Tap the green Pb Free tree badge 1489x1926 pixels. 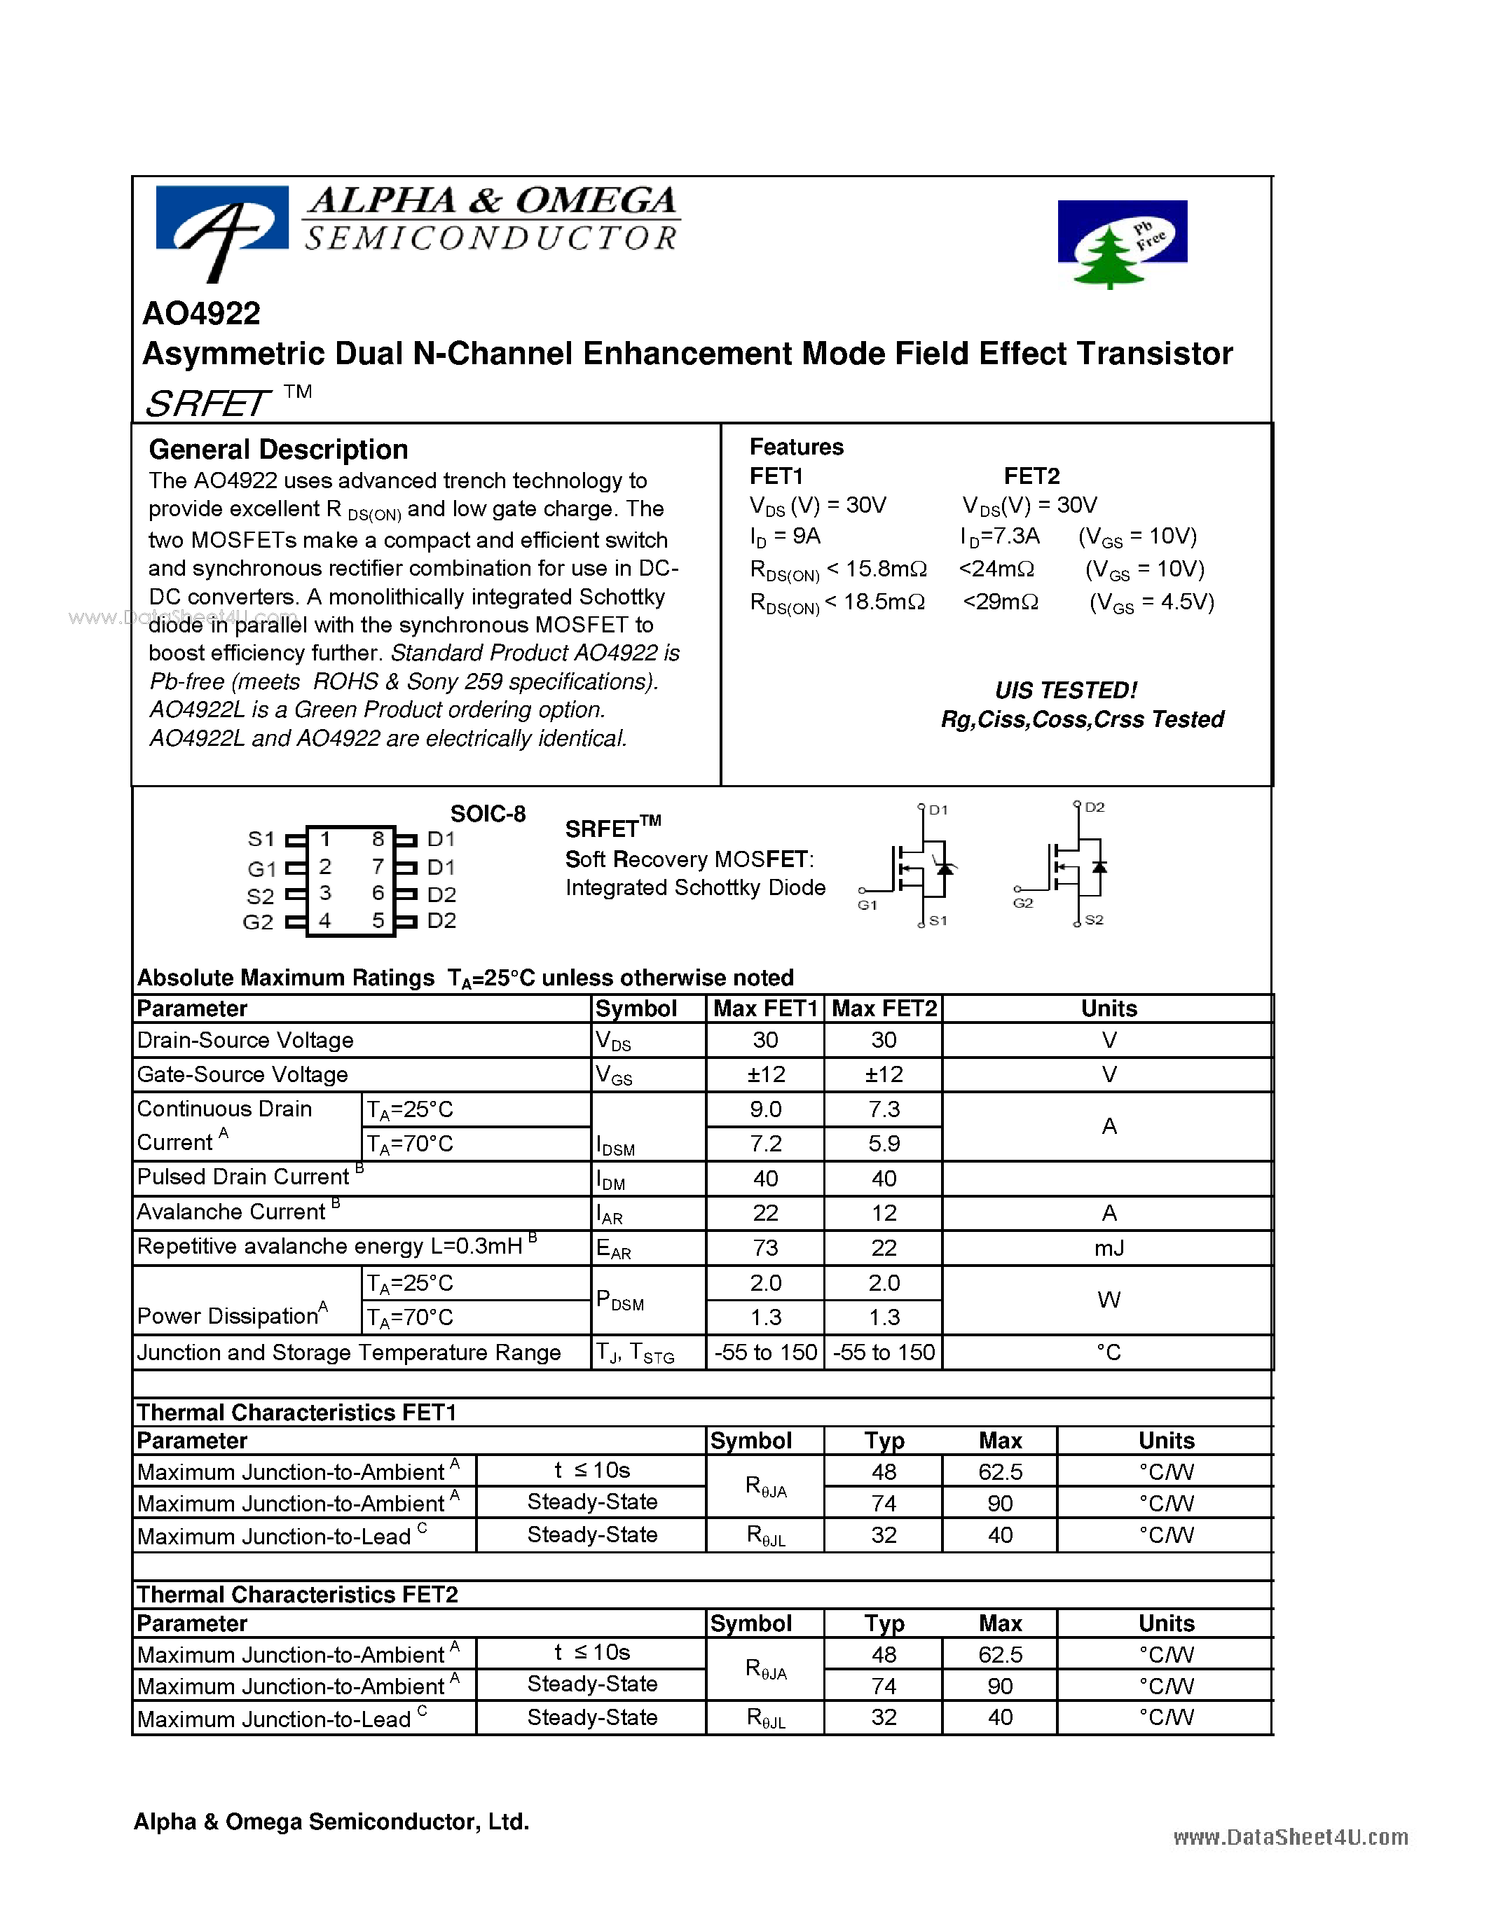click(1121, 240)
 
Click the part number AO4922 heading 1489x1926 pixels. click(201, 313)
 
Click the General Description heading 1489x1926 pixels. click(278, 450)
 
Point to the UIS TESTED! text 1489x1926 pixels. click(1066, 690)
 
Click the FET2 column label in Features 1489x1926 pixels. click(1031, 476)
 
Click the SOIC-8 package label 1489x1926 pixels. click(487, 813)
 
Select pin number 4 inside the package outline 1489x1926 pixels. click(324, 921)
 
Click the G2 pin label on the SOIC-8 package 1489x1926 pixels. click(258, 922)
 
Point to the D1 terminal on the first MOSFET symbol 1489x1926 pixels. click(937, 810)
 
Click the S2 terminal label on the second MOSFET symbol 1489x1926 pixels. click(1094, 920)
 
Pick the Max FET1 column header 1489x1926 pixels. click(764, 1008)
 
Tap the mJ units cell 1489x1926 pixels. click(1109, 1248)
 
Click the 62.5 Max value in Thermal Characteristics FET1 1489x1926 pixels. click(999, 1472)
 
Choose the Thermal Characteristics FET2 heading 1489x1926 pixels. click(297, 1595)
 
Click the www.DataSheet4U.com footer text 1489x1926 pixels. click(1289, 1837)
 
